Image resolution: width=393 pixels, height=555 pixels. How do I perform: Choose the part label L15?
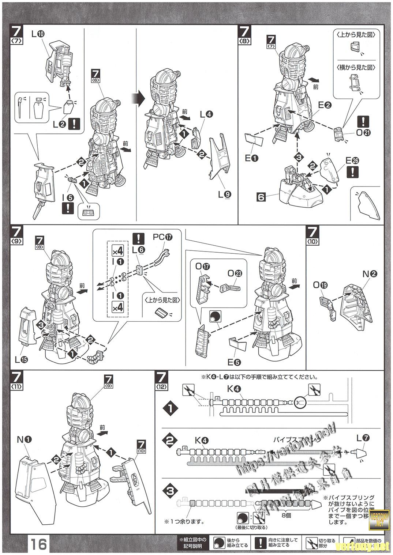(x=21, y=360)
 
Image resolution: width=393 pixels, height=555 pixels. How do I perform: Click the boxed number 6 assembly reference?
(x=261, y=197)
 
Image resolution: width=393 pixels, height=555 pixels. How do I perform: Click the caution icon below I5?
(x=68, y=208)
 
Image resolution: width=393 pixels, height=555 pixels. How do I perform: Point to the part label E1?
(x=251, y=159)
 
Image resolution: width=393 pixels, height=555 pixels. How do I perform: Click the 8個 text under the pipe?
(x=287, y=516)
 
